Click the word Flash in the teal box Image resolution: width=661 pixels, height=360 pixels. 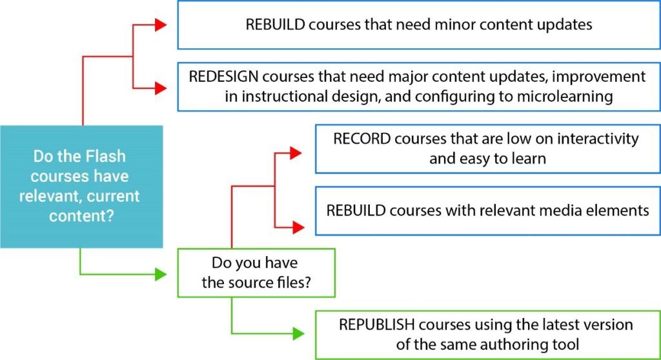(96, 157)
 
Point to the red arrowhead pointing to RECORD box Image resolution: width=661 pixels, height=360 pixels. (296, 153)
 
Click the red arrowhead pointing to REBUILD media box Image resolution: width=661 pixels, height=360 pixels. (296, 226)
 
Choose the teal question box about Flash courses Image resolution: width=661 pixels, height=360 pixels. (81, 186)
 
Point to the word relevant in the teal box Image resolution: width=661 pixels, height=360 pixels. (63, 195)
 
